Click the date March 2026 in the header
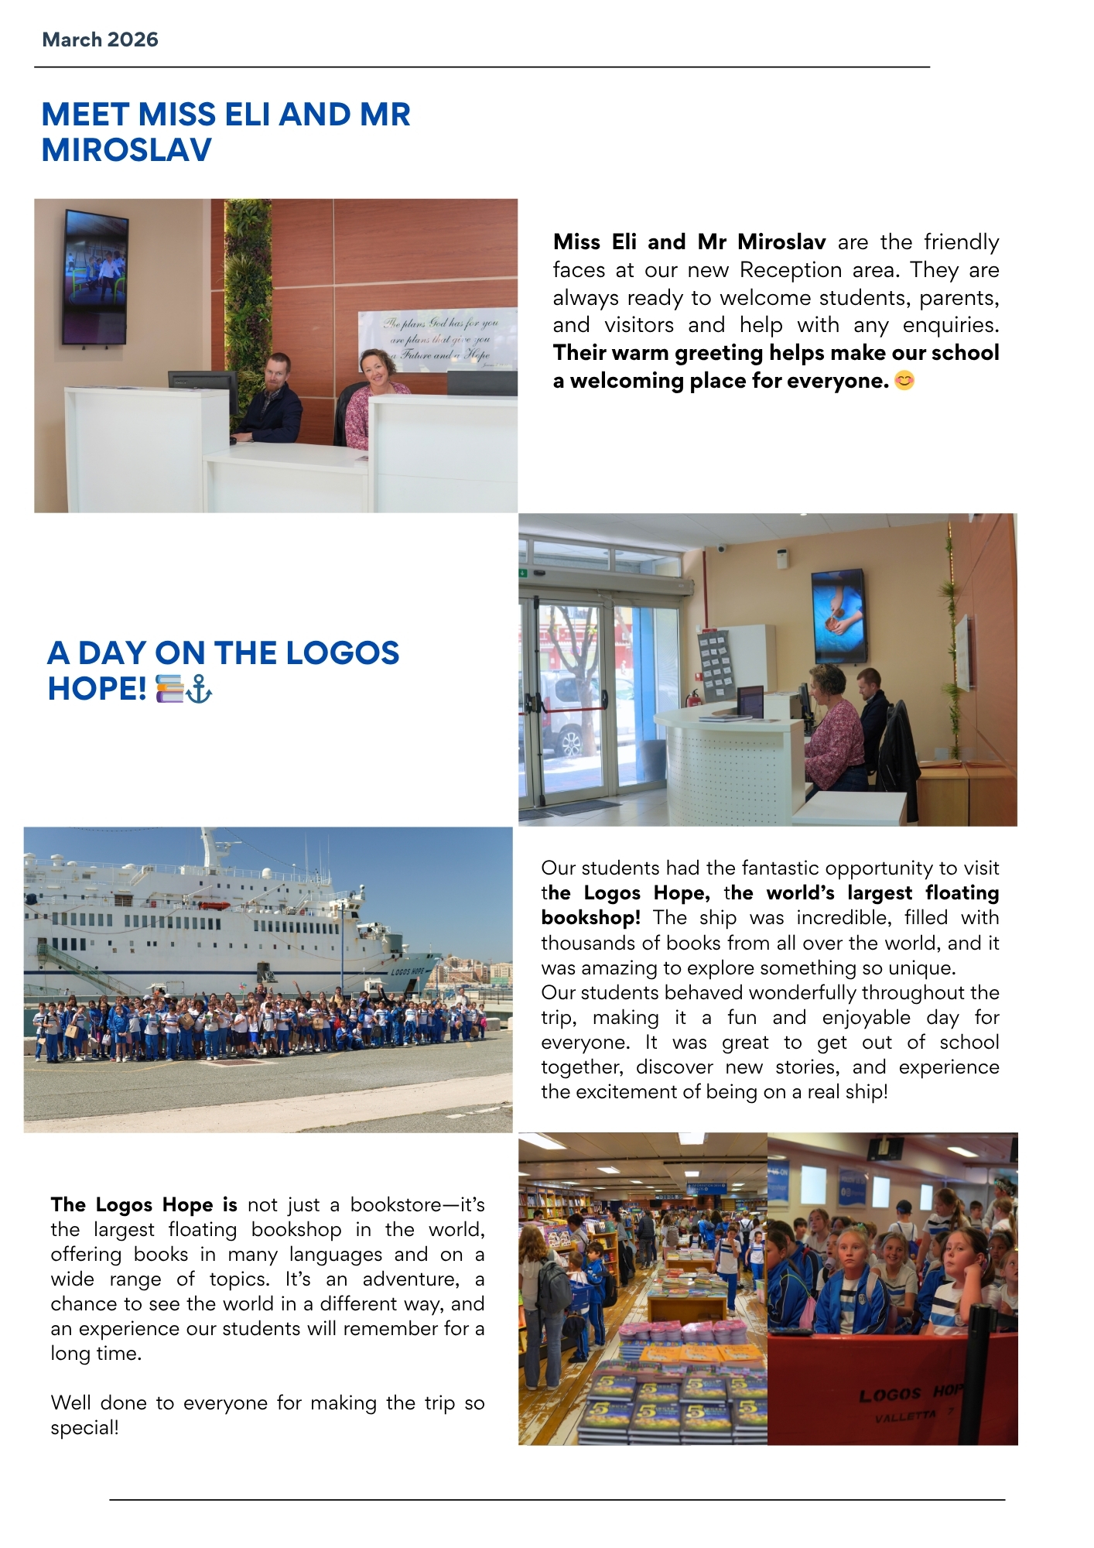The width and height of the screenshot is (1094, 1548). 100,39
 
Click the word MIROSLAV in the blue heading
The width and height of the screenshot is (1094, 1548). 126,150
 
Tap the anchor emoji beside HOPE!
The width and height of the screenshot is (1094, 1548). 200,688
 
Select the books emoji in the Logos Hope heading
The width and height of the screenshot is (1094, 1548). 170,688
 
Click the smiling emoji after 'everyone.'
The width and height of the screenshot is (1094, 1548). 904,381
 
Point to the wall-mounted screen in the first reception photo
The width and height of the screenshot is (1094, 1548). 94,276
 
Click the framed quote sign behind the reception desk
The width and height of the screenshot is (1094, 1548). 437,341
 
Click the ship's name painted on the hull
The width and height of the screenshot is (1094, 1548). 407,971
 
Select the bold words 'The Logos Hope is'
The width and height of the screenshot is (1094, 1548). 144,1205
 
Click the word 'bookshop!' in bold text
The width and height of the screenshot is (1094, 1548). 590,918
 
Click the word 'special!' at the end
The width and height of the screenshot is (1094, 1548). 85,1428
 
